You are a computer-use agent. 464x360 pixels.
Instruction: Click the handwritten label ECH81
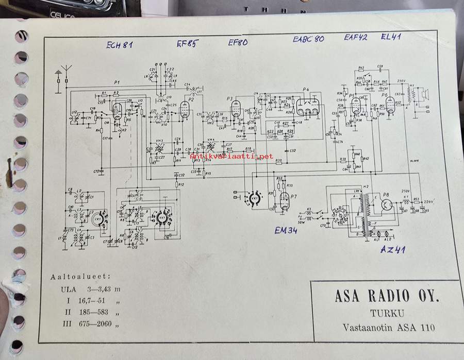[120, 45]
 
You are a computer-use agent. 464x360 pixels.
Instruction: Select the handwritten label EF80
[238, 43]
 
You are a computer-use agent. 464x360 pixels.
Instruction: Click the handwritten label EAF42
[356, 37]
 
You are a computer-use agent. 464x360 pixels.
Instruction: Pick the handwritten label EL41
[392, 37]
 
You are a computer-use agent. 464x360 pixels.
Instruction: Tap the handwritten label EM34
[286, 231]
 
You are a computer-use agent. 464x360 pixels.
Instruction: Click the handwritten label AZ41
[393, 250]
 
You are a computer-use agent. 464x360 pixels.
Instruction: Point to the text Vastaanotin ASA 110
[388, 327]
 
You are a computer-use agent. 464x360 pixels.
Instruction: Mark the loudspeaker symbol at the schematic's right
[425, 93]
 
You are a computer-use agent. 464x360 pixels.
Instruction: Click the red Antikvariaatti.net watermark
[231, 156]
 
